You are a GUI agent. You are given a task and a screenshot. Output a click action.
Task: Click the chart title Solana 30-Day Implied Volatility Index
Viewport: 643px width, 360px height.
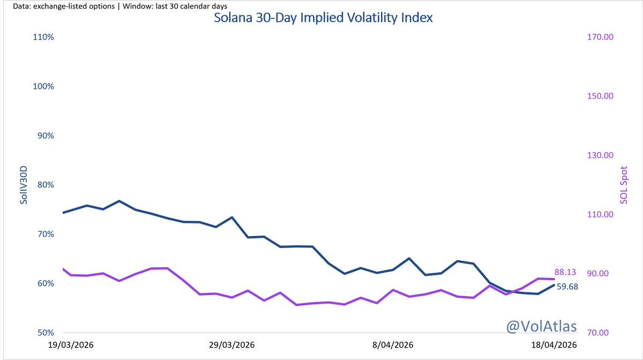(x=323, y=17)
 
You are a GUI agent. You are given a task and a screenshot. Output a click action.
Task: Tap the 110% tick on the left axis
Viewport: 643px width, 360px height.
(x=43, y=37)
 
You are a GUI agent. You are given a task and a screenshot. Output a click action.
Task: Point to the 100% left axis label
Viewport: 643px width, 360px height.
(x=43, y=87)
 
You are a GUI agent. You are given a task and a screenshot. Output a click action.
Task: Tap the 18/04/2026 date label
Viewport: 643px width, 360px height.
(x=554, y=345)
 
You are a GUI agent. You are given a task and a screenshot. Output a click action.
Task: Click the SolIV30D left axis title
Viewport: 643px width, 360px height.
(x=24, y=185)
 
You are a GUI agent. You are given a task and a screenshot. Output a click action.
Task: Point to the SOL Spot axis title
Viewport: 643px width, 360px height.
(x=623, y=185)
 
